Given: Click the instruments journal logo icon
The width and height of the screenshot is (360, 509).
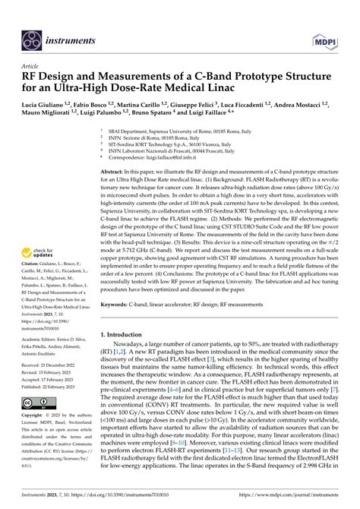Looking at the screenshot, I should (x=32, y=36).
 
